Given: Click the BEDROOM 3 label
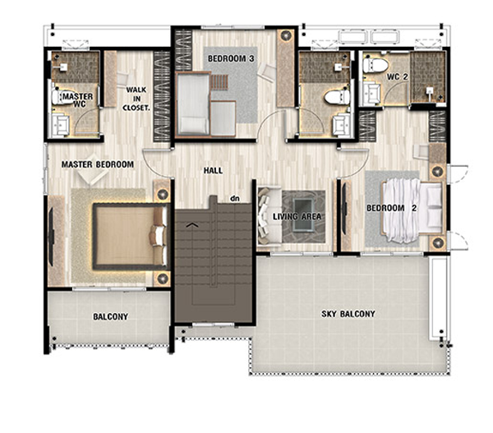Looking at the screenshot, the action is click(231, 58).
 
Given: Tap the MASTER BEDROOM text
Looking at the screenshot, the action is click(98, 164).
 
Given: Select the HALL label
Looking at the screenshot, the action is click(213, 171).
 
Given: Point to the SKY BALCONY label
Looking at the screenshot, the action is click(348, 314).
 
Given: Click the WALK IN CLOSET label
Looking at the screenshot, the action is click(136, 99).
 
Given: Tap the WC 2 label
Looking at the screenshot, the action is click(398, 76).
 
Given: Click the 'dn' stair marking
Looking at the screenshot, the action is click(235, 198).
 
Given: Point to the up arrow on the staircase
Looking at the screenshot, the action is click(192, 224).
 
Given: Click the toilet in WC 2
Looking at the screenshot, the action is click(376, 66).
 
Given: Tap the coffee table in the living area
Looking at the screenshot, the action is click(303, 215).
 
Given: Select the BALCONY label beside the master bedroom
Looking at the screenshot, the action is click(111, 316).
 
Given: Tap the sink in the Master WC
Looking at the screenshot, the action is click(60, 125).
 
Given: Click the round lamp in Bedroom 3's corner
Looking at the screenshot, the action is click(286, 35).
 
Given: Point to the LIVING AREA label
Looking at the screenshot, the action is click(297, 216).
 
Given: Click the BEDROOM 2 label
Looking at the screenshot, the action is click(392, 208).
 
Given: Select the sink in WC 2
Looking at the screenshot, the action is click(371, 94).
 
